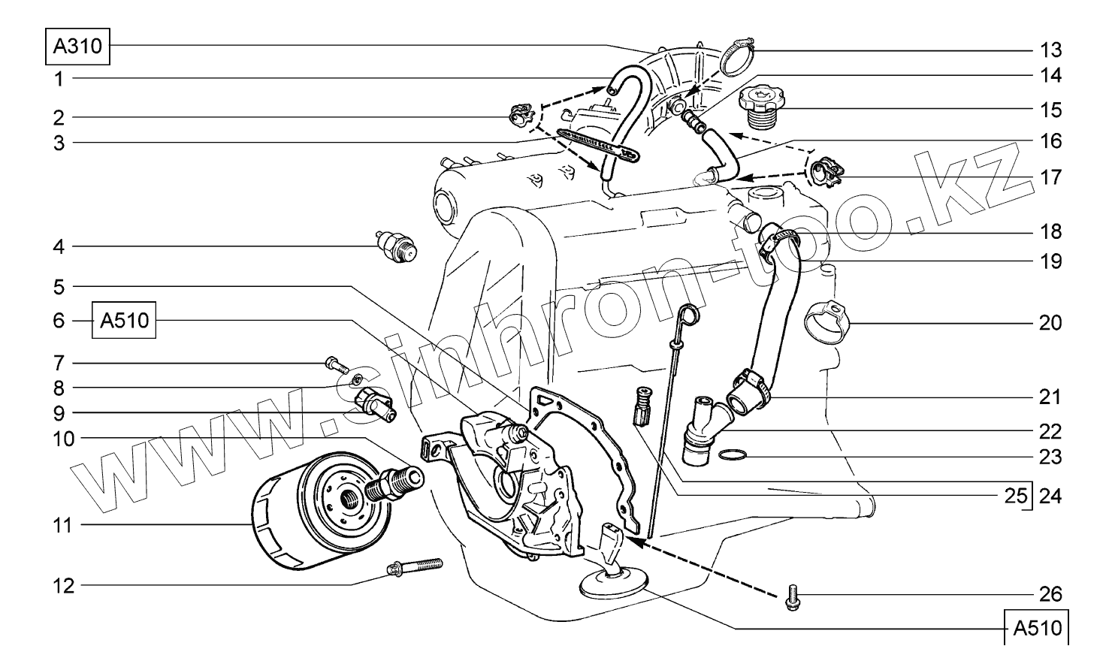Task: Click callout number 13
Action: tap(1050, 50)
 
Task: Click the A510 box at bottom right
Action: tap(1036, 628)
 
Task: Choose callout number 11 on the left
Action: tap(63, 525)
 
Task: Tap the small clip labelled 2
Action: tap(520, 116)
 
